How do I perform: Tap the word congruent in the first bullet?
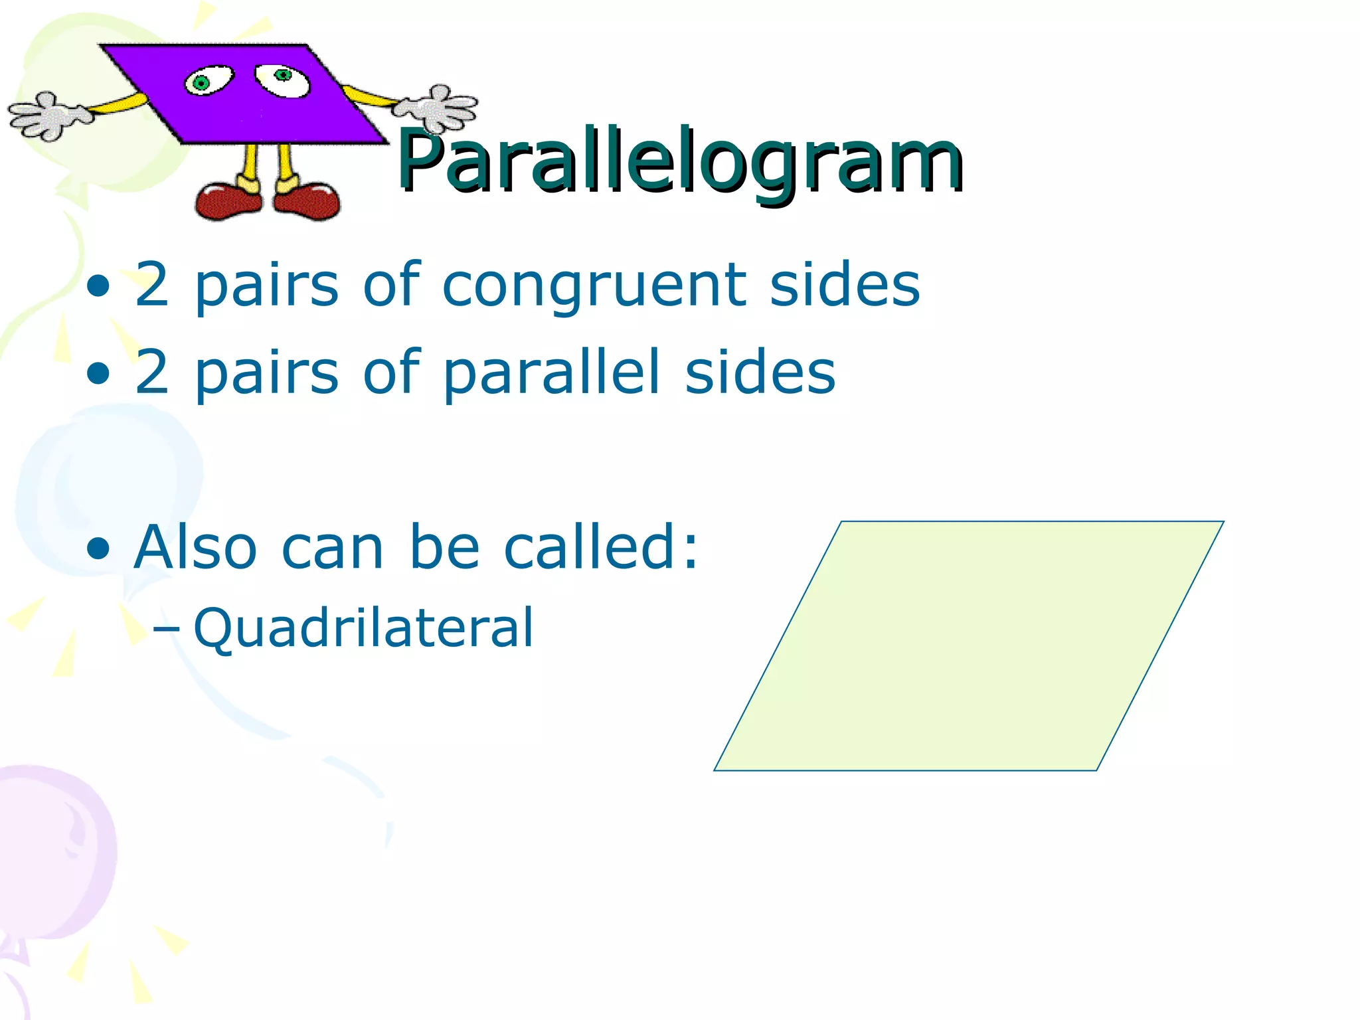coord(594,286)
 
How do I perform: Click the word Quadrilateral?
coord(363,628)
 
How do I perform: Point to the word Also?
coord(195,547)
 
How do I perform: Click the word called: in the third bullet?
coord(601,547)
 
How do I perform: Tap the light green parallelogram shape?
coord(968,645)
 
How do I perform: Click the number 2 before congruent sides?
coord(151,286)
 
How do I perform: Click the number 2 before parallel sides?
coord(151,373)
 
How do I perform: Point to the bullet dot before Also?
coord(98,549)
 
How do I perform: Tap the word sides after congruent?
coord(844,286)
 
